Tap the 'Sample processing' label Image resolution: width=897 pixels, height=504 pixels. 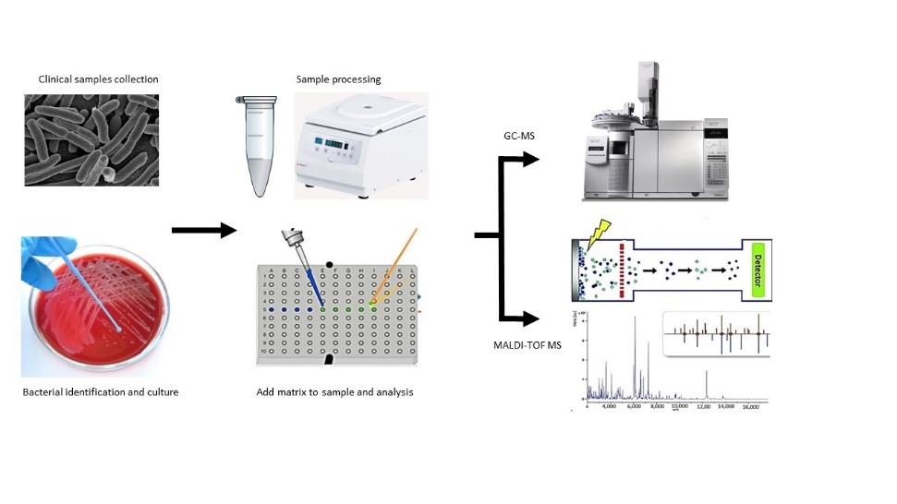click(x=338, y=79)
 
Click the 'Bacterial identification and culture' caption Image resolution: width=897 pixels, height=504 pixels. click(x=100, y=392)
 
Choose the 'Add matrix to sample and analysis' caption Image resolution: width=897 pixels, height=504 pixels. click(x=334, y=392)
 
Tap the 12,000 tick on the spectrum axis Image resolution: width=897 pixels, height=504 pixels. click(x=705, y=405)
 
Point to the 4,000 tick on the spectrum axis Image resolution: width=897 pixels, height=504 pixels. click(x=609, y=405)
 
